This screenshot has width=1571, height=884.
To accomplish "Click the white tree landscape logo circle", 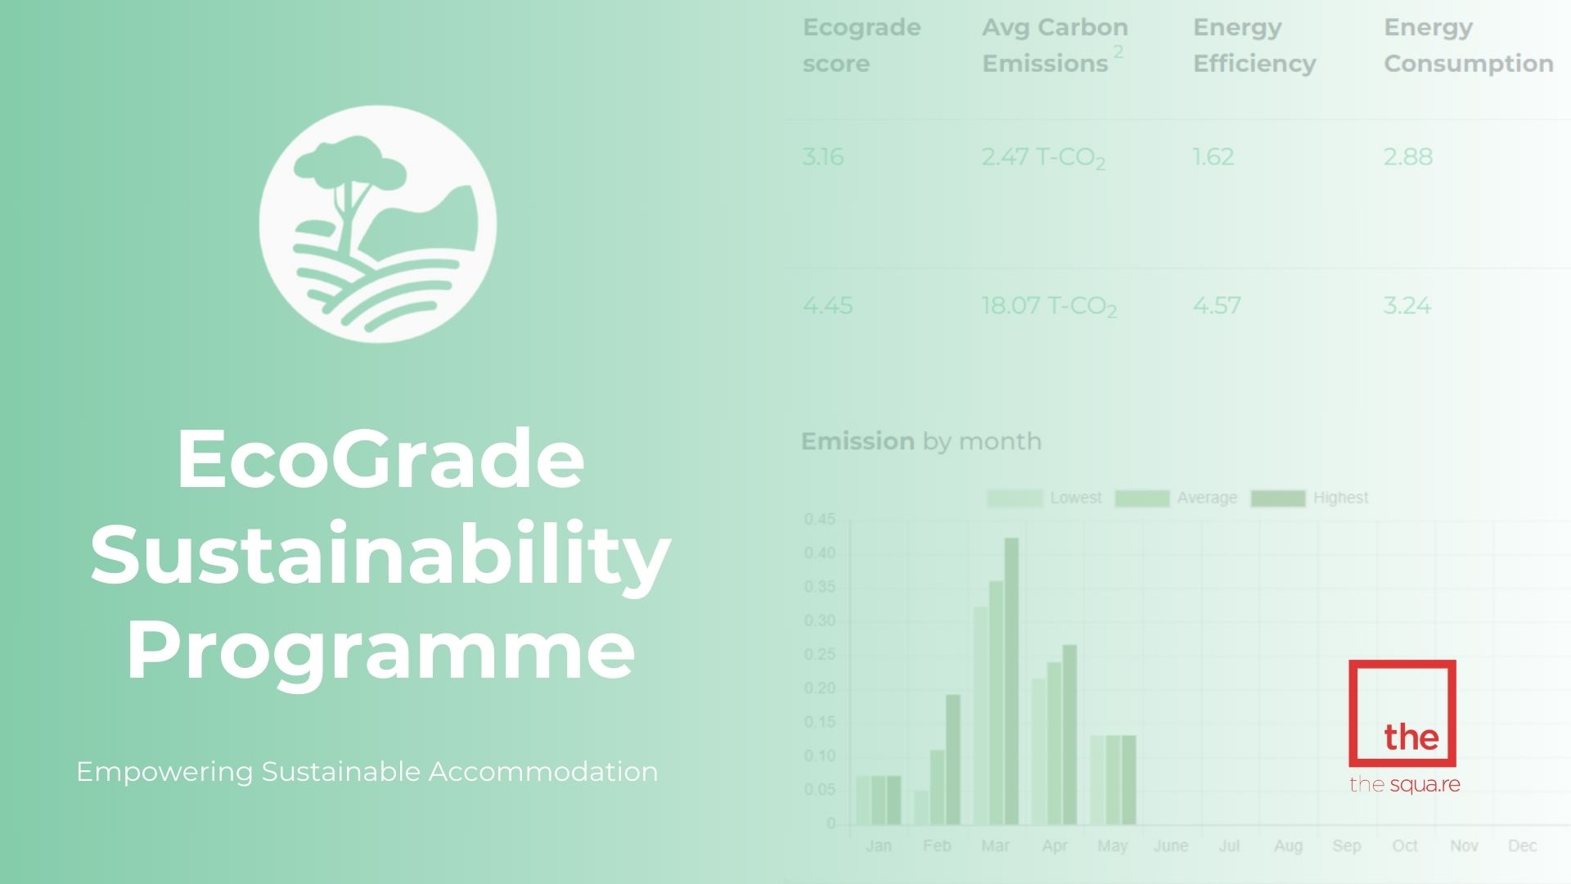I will click(378, 223).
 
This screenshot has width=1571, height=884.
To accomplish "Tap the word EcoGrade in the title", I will click(380, 458).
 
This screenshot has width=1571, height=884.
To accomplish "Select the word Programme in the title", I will click(380, 651).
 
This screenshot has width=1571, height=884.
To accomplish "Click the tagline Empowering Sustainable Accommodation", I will click(367, 772).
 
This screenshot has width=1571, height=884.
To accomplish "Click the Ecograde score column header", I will click(862, 45).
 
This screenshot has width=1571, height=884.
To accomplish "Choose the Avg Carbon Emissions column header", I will click(1054, 45).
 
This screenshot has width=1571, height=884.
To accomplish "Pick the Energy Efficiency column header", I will click(1254, 45).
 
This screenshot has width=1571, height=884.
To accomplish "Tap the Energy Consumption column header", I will click(1468, 45).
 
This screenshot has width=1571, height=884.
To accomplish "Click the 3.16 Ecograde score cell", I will click(822, 156).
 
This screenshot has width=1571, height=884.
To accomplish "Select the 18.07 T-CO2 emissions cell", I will click(1048, 306).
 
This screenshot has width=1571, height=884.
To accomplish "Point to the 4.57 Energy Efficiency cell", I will click(1217, 305).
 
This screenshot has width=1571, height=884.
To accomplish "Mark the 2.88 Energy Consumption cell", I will click(1407, 156).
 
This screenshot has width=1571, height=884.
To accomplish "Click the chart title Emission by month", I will click(921, 441).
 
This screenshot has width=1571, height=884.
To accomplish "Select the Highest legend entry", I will click(1310, 498).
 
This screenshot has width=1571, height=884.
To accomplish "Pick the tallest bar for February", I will click(953, 759).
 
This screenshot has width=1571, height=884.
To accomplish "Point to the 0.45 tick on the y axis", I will click(820, 520).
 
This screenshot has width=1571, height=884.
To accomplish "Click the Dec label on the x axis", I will click(1522, 846).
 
